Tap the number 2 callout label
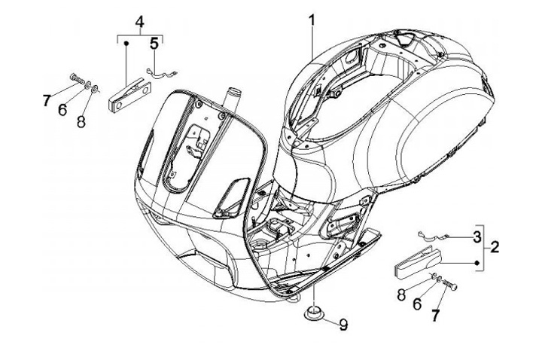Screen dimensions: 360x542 coord(495,246)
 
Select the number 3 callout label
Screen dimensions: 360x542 coord(477,237)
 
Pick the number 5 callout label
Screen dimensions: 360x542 coord(154,43)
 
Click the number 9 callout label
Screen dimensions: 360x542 coord(343,325)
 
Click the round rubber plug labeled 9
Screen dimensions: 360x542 coord(315,311)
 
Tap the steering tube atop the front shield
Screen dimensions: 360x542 coord(233,99)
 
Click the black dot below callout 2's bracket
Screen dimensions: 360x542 coord(477,262)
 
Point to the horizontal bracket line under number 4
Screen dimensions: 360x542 coord(140,35)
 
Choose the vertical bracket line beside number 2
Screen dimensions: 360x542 coord(483,246)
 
